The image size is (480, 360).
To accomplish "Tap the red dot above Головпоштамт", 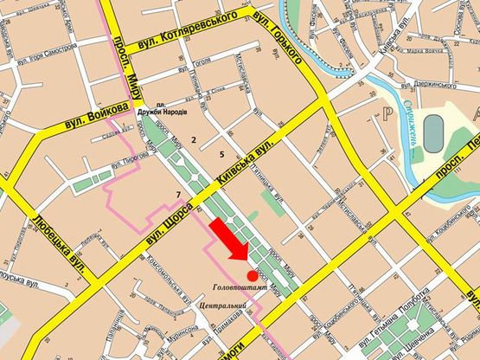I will (252, 274).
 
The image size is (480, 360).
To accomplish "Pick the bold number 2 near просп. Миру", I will (194, 138).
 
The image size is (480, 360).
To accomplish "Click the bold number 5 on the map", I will (222, 154).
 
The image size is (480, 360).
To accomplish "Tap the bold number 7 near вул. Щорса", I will (178, 193).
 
